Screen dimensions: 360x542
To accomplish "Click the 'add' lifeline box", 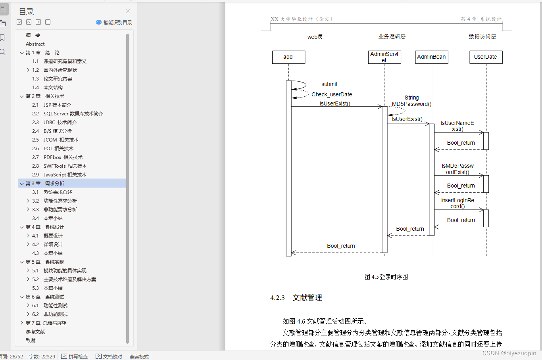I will point(288,57).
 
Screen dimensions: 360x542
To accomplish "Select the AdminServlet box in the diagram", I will point(384,57).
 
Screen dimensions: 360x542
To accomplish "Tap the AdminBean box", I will point(431,57).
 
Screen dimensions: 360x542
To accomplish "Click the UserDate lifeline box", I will point(485,57).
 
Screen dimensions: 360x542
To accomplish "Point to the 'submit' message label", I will point(329,84).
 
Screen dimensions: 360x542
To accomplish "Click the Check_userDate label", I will point(332,94).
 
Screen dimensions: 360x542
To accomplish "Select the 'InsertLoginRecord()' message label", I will point(457,203).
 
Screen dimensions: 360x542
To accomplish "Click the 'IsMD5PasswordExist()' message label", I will point(457,169).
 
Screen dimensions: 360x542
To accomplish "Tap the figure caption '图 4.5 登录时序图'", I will point(386,277).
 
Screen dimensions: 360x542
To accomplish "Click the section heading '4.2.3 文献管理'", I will point(296,298).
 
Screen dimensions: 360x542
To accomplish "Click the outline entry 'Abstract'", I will point(35,44).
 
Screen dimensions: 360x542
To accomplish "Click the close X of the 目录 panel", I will point(128,11).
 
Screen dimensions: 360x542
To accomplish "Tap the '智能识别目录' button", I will point(114,22).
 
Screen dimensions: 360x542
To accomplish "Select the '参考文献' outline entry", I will point(35,332).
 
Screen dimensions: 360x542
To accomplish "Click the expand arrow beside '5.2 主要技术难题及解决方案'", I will point(28,280).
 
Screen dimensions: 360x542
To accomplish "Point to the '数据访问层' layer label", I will point(482,36).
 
